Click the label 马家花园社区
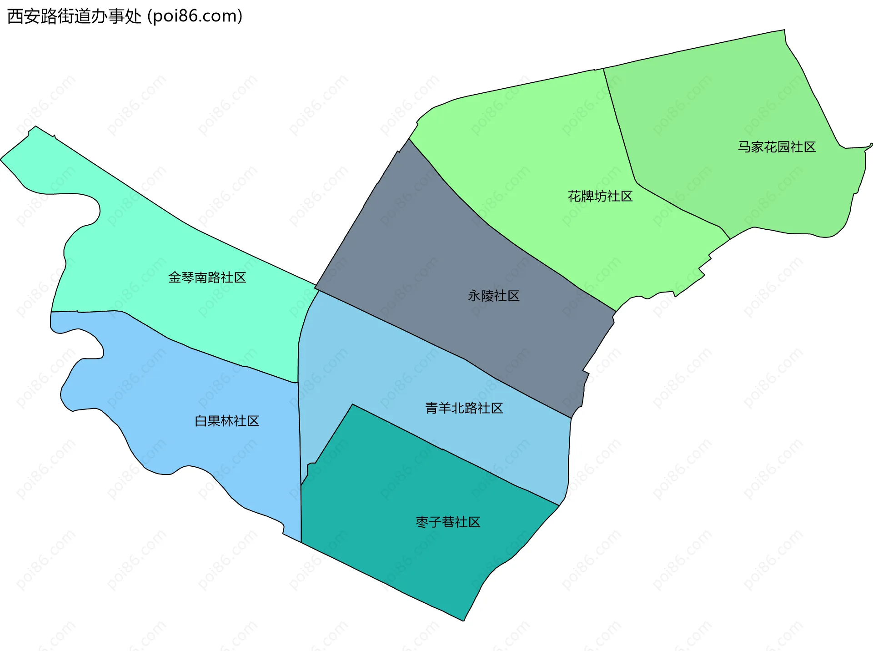tap(777, 147)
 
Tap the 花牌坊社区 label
tap(600, 197)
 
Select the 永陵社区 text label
tap(493, 296)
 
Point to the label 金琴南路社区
tap(207, 278)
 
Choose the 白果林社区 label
tap(227, 421)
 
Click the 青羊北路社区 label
tap(464, 408)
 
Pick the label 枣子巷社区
tap(448, 522)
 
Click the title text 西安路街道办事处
tap(75, 16)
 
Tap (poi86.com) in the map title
tap(195, 16)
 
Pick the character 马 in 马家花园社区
tap(744, 147)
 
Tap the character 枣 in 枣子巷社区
tap(422, 522)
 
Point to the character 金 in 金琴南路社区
tap(175, 278)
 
